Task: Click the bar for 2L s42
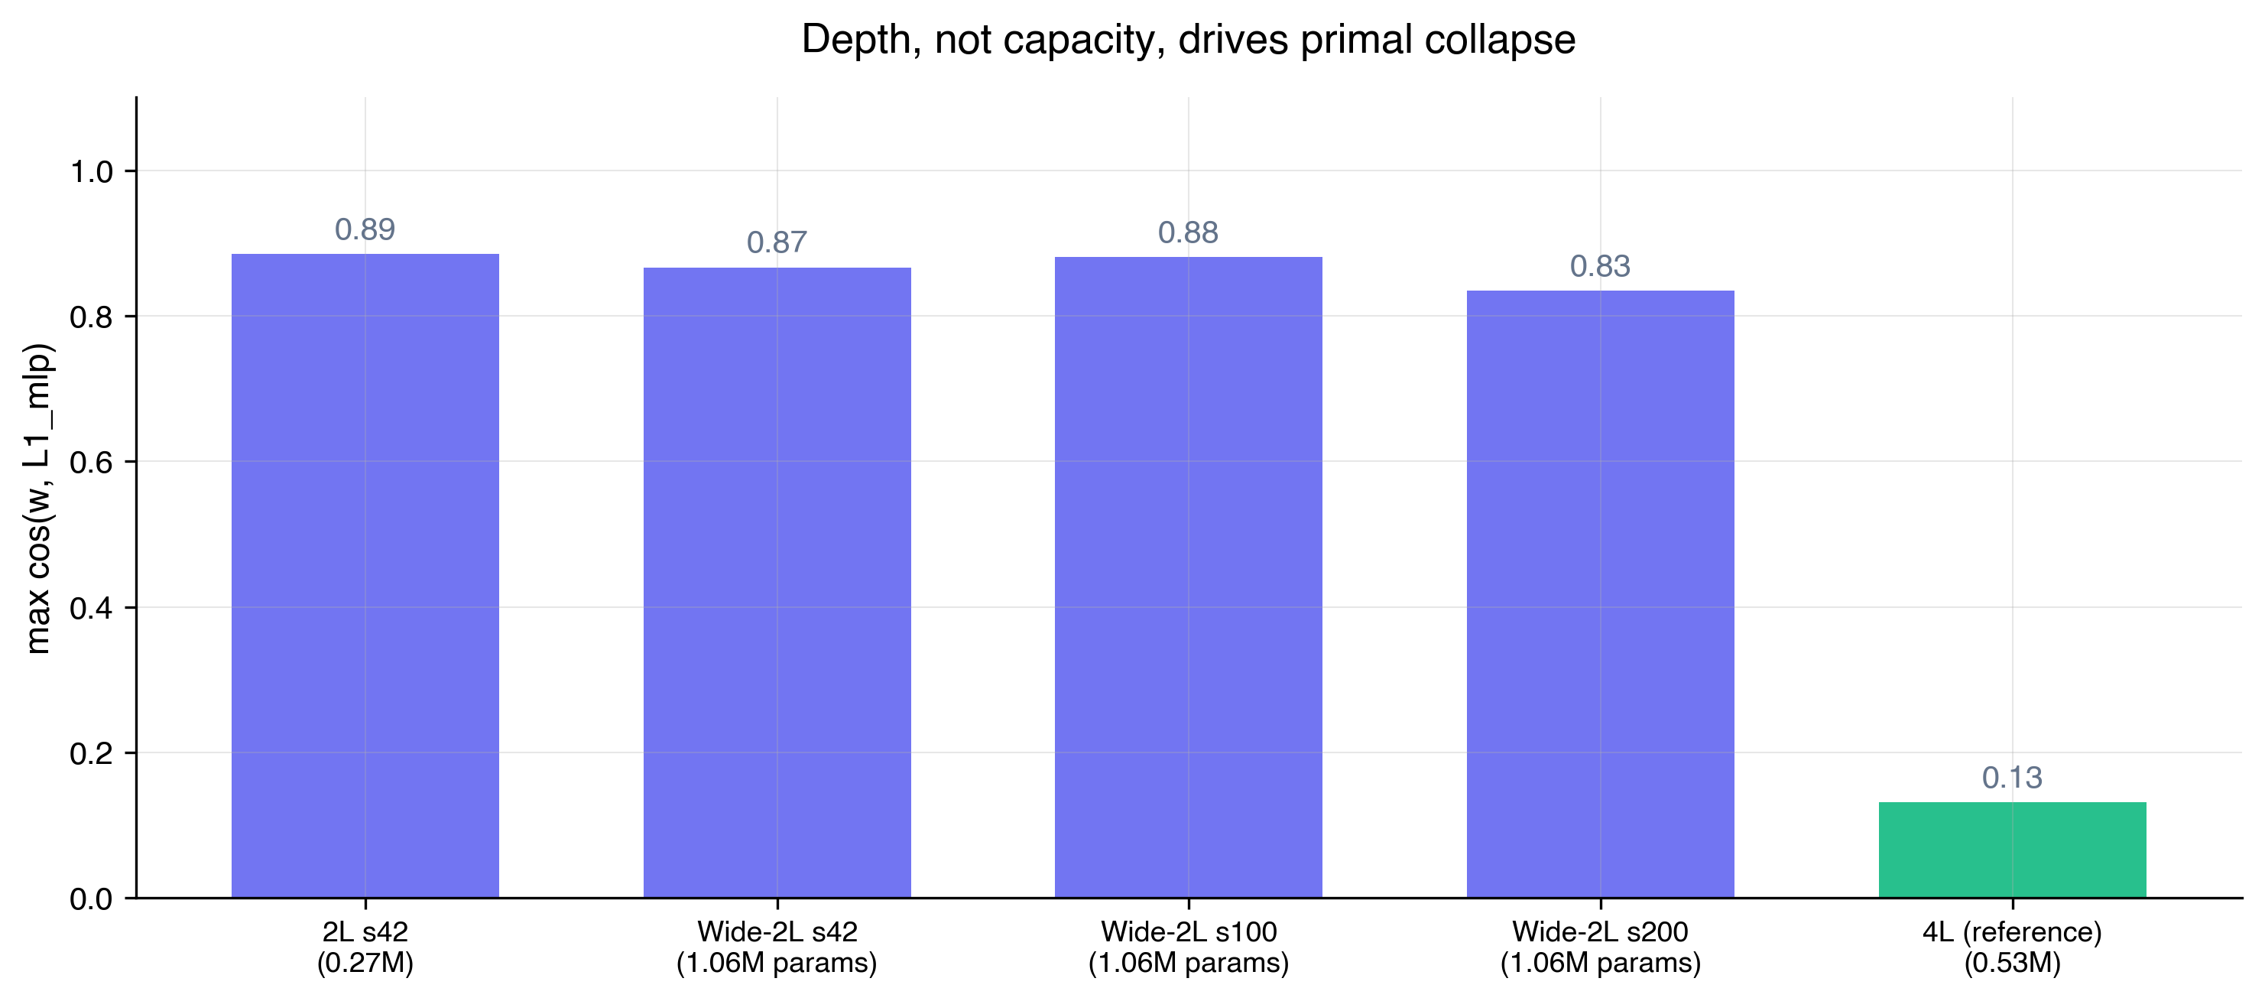click(x=365, y=575)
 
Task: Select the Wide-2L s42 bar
click(x=777, y=582)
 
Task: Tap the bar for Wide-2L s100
click(x=1188, y=577)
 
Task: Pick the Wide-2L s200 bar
click(x=1599, y=593)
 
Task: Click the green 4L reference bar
click(x=2012, y=850)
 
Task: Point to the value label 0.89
click(x=365, y=229)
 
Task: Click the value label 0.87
click(x=777, y=242)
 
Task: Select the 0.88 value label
click(x=1188, y=233)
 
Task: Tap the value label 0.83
click(x=1599, y=267)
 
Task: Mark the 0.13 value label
click(x=2012, y=778)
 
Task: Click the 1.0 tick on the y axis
click(x=92, y=171)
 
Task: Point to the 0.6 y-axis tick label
click(x=92, y=463)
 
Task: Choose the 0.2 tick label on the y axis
click(x=92, y=754)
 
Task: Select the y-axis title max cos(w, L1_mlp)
click(x=39, y=498)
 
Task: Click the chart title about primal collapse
click(x=1188, y=41)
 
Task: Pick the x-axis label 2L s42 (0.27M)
click(x=365, y=947)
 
